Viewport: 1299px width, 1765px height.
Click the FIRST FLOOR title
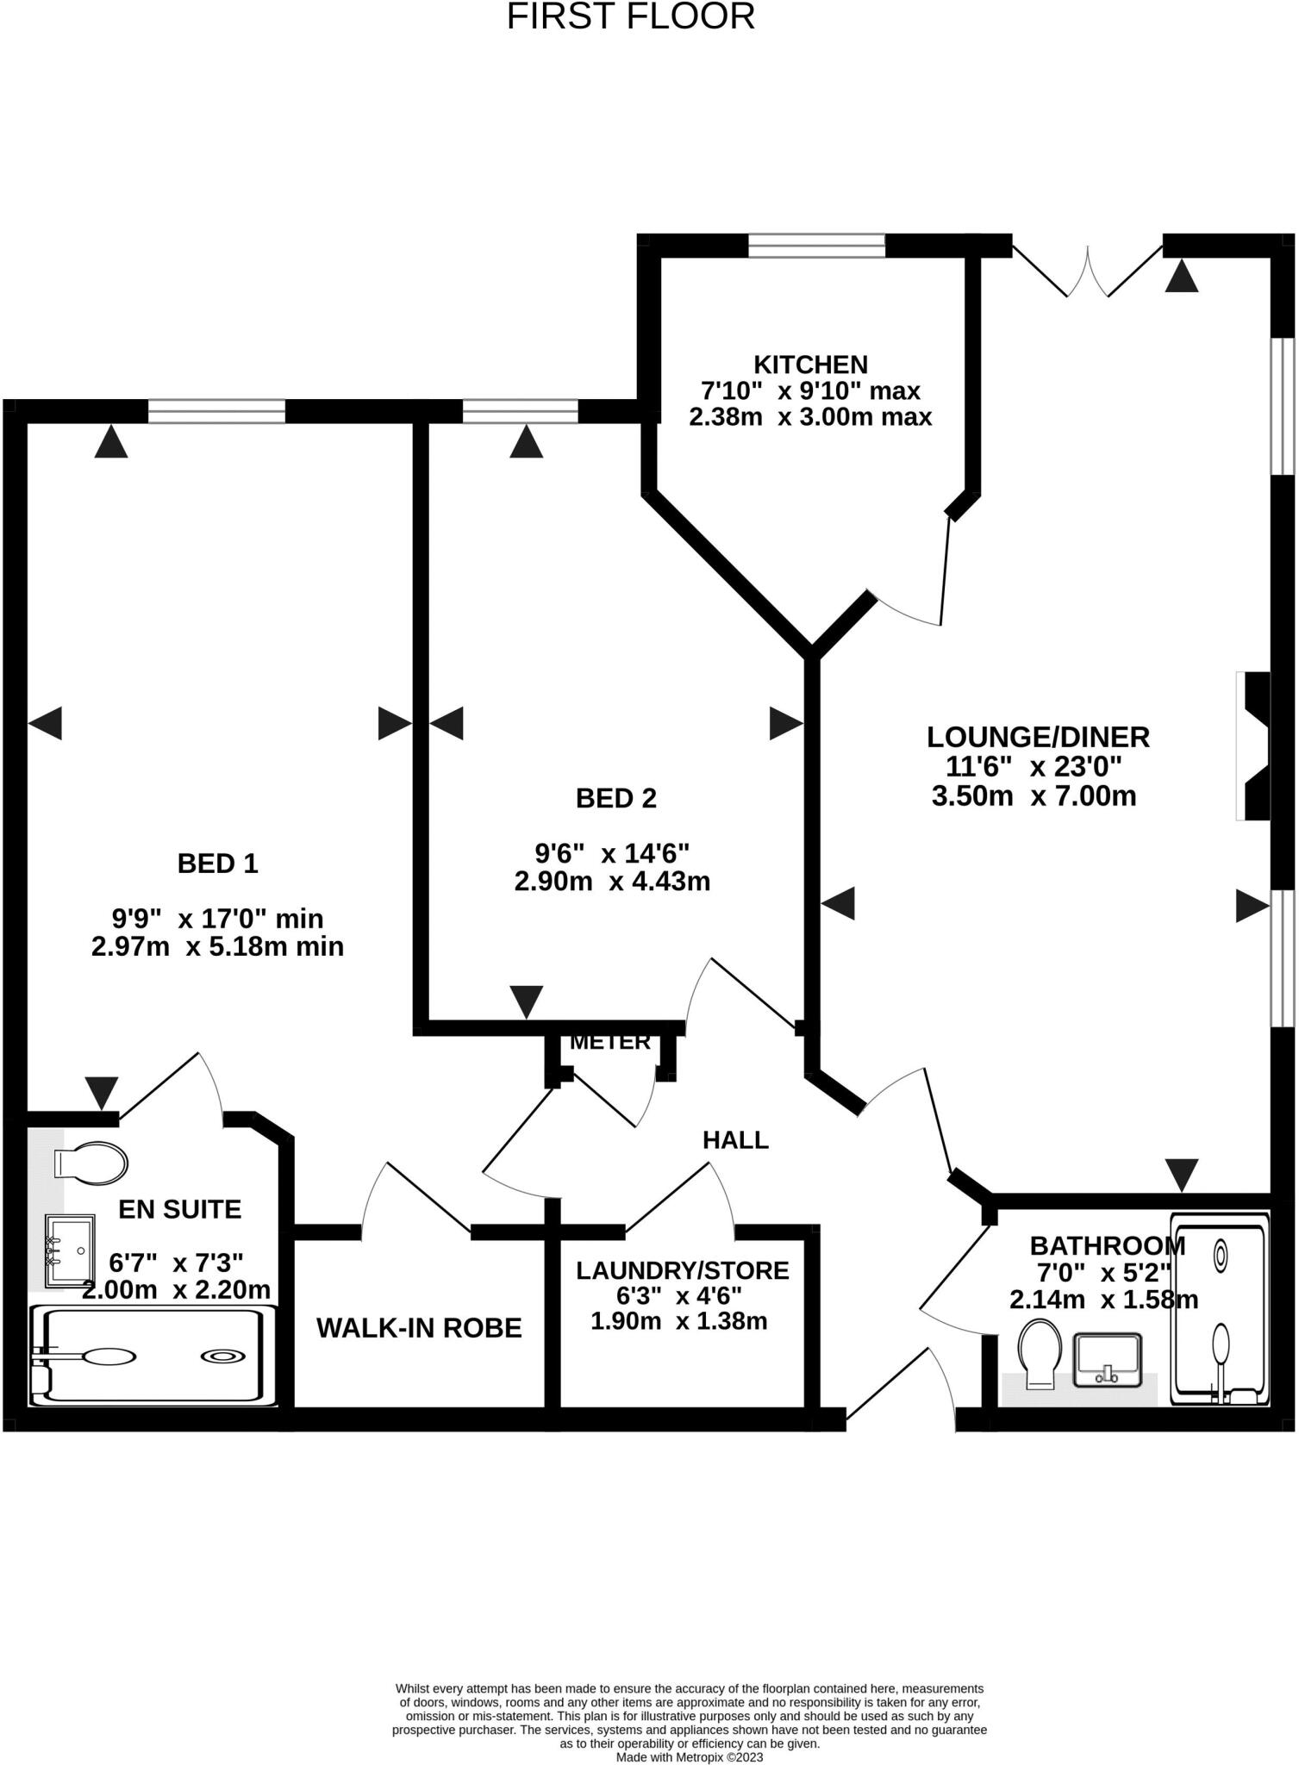tap(630, 16)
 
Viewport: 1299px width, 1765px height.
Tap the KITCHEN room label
tap(810, 364)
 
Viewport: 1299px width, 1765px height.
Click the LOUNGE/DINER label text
tap(1038, 737)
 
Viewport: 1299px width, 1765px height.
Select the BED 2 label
tap(615, 798)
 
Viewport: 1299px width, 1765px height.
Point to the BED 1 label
tap(217, 863)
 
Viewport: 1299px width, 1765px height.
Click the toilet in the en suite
tap(91, 1162)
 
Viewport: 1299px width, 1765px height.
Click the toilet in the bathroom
tap(1040, 1354)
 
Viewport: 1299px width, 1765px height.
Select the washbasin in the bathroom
tap(1107, 1360)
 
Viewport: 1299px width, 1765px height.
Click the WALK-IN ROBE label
tap(419, 1328)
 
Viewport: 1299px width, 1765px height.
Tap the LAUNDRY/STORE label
tap(682, 1270)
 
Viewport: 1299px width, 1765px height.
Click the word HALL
tap(735, 1140)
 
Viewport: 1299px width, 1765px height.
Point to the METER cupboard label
tap(610, 1042)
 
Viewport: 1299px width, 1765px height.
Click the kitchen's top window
tap(816, 246)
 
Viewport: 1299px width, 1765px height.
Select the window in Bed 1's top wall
tap(216, 411)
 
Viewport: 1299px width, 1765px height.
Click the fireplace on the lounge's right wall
tap(1254, 746)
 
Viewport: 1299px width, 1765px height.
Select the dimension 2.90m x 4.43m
tap(612, 882)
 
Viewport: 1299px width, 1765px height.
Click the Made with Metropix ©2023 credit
tap(689, 1756)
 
